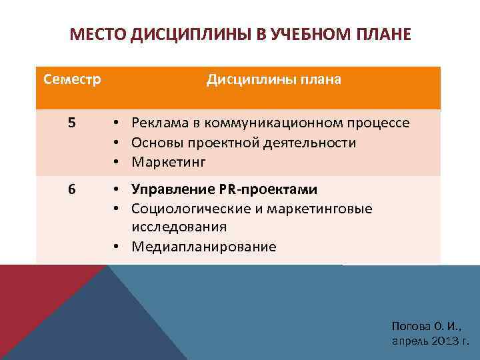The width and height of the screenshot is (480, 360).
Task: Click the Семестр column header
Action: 72,80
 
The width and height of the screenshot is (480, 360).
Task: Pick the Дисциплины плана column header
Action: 273,80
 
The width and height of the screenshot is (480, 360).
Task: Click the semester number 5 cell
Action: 72,123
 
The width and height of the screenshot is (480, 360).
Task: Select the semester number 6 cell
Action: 72,189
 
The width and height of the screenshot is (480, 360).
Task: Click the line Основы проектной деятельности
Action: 243,142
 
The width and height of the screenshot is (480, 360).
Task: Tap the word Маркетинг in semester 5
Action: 169,161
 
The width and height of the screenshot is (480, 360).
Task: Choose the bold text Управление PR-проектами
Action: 224,189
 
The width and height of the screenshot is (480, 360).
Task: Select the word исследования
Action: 179,227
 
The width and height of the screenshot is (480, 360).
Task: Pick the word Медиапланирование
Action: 203,247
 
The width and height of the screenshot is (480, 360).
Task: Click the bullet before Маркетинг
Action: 116,162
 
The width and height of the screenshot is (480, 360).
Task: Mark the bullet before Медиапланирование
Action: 116,247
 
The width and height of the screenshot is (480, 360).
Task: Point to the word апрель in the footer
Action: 408,340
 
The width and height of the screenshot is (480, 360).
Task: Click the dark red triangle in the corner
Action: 30,300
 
